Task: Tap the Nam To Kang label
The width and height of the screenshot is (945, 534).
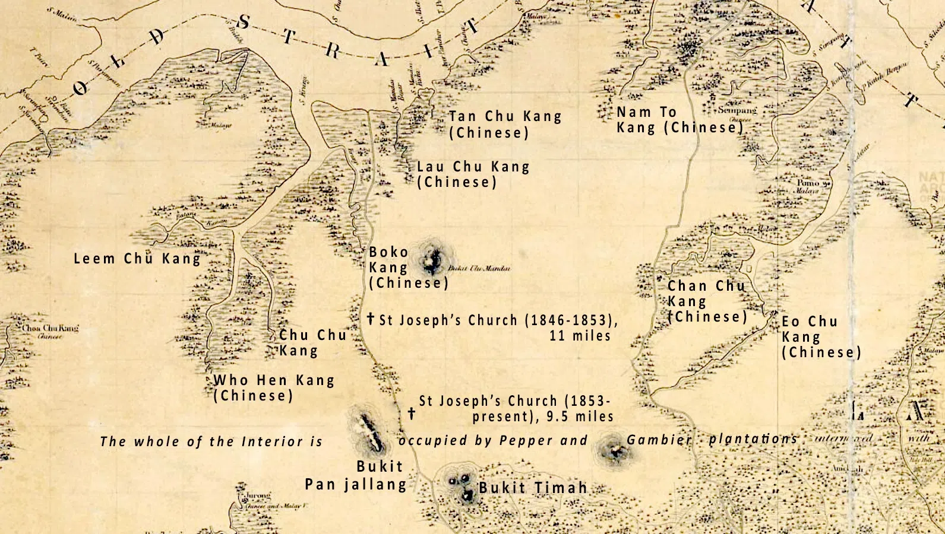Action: click(x=679, y=120)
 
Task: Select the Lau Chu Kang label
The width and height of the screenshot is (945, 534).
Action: click(x=473, y=174)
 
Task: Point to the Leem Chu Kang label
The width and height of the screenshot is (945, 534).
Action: click(x=137, y=259)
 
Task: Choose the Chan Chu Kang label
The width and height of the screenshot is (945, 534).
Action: click(x=706, y=301)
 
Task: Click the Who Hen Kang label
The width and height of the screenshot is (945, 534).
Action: click(x=274, y=387)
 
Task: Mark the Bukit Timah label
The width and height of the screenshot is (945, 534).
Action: click(x=533, y=488)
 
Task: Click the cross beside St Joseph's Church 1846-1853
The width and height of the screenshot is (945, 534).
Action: click(x=371, y=319)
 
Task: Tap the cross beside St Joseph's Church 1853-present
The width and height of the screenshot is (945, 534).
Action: click(x=412, y=413)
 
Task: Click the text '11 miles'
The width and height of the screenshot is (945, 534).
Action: click(x=580, y=336)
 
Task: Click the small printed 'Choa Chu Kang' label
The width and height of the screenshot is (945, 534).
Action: click(x=50, y=328)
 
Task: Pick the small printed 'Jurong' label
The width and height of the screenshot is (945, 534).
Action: click(x=257, y=495)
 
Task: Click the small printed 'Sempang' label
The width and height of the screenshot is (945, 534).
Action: click(x=737, y=110)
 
